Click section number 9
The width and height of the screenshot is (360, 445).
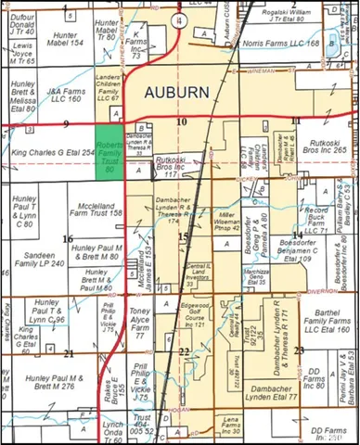(67, 121)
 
